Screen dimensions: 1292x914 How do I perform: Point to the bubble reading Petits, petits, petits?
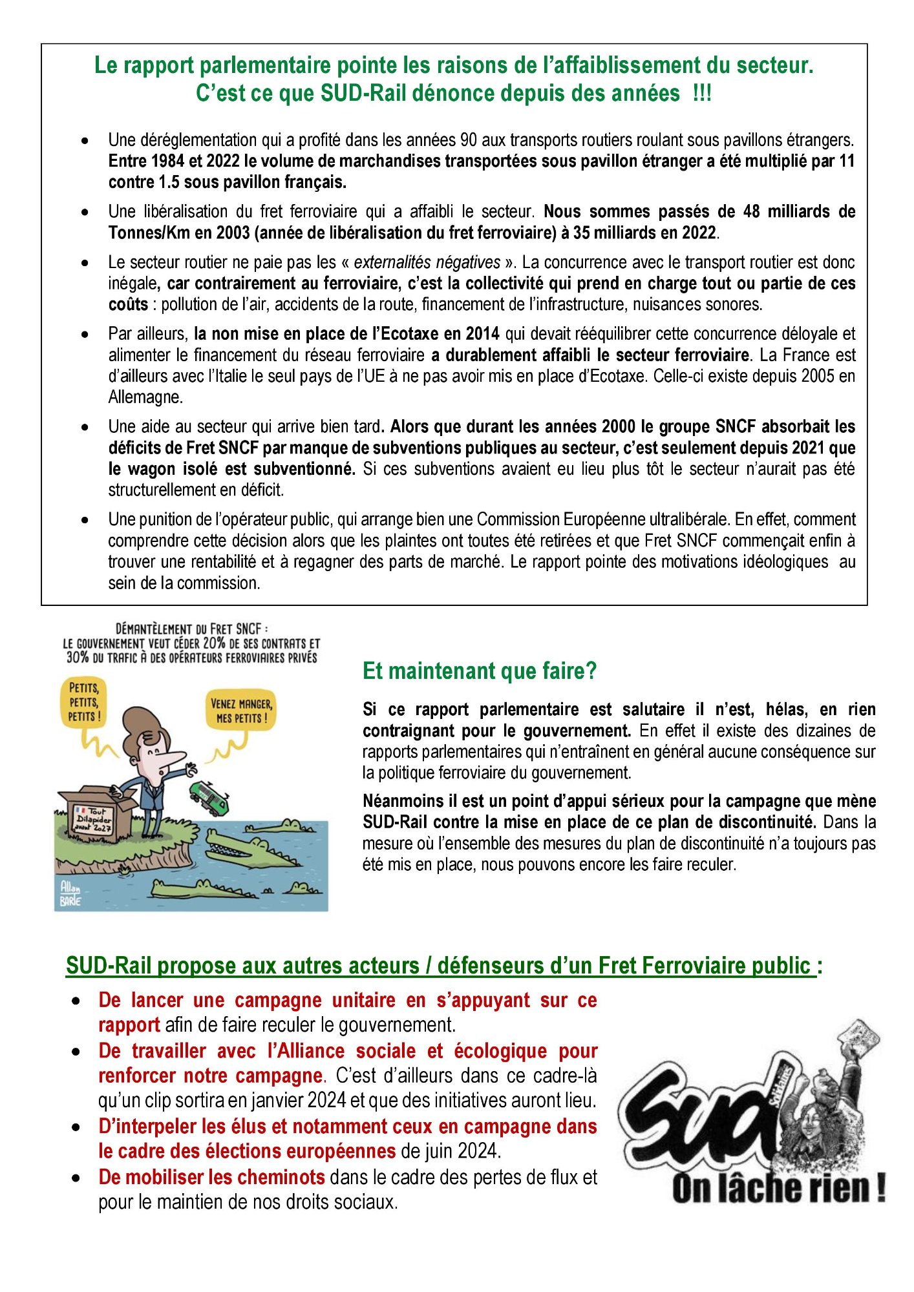pyautogui.click(x=84, y=702)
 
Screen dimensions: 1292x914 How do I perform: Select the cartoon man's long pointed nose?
pyautogui.click(x=173, y=758)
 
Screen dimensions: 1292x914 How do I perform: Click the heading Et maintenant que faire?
pyautogui.click(x=480, y=671)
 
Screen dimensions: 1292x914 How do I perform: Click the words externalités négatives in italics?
pyautogui.click(x=427, y=262)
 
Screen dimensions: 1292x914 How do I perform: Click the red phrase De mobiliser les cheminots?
pyautogui.click(x=211, y=1177)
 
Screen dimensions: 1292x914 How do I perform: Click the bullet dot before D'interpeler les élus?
pyautogui.click(x=77, y=1127)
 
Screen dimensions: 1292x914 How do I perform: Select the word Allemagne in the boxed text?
pyautogui.click(x=145, y=397)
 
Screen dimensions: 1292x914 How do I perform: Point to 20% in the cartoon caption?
pyautogui.click(x=214, y=643)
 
